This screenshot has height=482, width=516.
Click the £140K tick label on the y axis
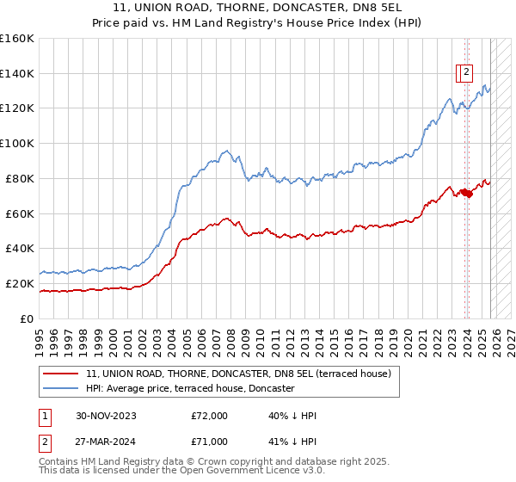coord(17,74)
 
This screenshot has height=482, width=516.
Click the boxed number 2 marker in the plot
coord(466,73)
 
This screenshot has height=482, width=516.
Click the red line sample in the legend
coord(62,374)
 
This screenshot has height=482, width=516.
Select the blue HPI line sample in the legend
coord(62,389)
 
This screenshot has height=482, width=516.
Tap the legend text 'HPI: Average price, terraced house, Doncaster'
coord(190,389)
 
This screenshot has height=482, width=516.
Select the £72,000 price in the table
coord(209,416)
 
